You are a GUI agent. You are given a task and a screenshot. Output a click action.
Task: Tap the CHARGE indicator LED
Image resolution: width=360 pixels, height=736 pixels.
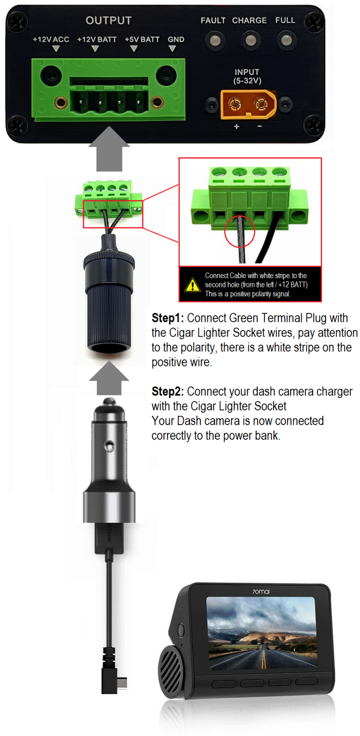pyautogui.click(x=251, y=41)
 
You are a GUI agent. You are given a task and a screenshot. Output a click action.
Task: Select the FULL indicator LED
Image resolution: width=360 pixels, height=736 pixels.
pyautogui.click(x=286, y=41)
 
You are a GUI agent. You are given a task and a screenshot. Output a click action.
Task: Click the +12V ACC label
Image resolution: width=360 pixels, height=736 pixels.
pyautogui.click(x=51, y=40)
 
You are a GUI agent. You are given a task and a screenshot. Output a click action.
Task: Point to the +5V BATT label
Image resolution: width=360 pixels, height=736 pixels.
pyautogui.click(x=142, y=40)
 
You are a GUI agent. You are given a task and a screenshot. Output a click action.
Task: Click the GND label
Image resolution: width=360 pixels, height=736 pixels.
pyautogui.click(x=176, y=40)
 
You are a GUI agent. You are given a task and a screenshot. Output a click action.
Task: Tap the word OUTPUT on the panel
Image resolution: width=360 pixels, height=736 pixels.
pyautogui.click(x=108, y=20)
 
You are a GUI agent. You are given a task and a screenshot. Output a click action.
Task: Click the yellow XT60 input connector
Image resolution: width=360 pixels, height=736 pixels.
pyautogui.click(x=248, y=104)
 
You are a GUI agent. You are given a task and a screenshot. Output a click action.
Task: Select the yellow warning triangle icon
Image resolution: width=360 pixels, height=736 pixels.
pyautogui.click(x=192, y=285)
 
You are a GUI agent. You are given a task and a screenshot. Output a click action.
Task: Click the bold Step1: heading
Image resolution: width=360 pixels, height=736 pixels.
pyautogui.click(x=168, y=318)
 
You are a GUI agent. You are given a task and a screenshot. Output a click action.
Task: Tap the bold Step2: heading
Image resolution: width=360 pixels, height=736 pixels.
pyautogui.click(x=168, y=392)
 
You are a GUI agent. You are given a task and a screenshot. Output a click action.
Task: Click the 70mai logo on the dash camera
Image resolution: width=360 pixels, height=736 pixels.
pyautogui.click(x=261, y=592)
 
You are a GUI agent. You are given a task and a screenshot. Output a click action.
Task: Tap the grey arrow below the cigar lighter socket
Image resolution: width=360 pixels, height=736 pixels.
pyautogui.click(x=109, y=378)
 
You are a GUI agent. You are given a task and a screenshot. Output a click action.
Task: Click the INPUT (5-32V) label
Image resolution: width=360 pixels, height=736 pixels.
pyautogui.click(x=247, y=76)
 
